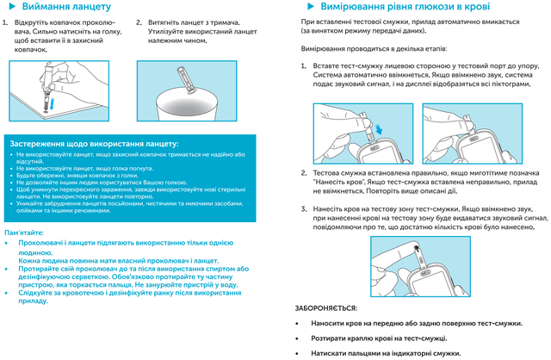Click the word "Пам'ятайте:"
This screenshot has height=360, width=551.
[28, 234]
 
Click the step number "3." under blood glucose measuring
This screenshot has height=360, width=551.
[304, 209]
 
